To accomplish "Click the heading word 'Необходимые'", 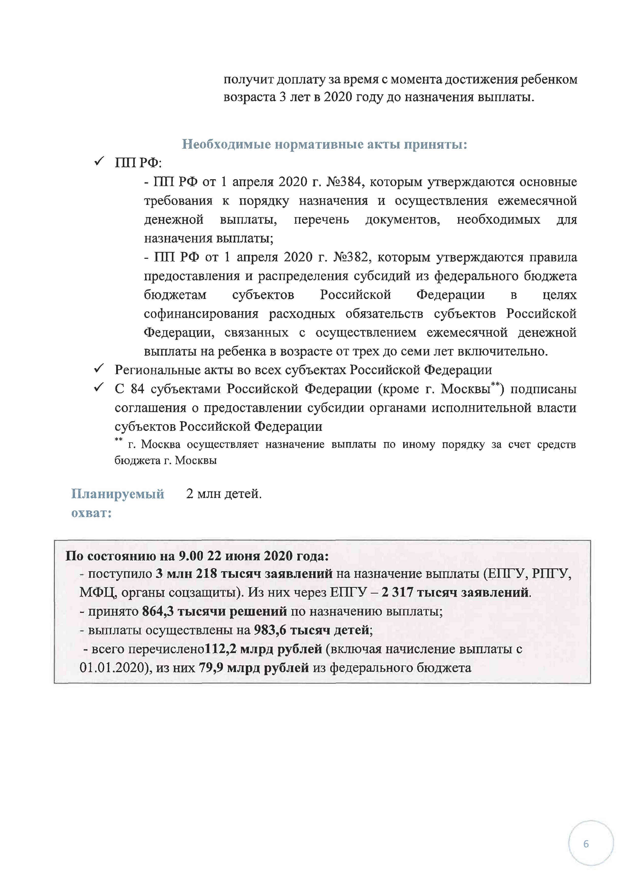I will coord(226,145).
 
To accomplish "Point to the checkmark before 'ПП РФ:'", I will coord(99,161).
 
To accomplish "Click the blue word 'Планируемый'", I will coord(117,494).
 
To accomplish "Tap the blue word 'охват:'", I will coord(92,513).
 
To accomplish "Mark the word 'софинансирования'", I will coord(201,314).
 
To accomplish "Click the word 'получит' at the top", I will coord(248,80).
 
